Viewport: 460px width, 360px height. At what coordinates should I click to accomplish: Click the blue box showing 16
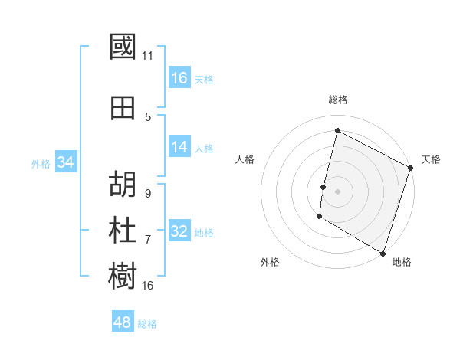tap(179, 78)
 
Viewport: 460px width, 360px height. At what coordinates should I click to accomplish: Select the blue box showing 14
tap(179, 148)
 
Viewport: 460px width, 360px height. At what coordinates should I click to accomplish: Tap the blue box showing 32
tap(179, 232)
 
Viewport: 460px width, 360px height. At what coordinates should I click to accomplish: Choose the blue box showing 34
tap(65, 162)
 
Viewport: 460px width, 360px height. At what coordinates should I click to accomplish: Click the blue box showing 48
tap(123, 322)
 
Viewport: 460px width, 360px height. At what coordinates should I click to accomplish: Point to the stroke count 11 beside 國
tap(148, 56)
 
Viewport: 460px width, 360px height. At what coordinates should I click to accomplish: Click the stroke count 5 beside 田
tap(148, 117)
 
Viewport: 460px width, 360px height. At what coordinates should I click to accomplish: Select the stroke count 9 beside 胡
tap(147, 194)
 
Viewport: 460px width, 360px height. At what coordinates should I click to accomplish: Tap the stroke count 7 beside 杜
tap(148, 240)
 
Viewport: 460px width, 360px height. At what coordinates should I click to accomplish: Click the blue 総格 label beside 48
tap(147, 324)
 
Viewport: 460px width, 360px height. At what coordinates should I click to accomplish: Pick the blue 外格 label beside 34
tap(41, 163)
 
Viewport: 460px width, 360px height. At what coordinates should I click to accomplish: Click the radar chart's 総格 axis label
tap(338, 100)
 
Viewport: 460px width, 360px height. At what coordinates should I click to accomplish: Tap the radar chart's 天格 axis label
tap(431, 159)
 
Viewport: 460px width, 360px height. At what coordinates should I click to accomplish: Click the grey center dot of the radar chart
tap(337, 191)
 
